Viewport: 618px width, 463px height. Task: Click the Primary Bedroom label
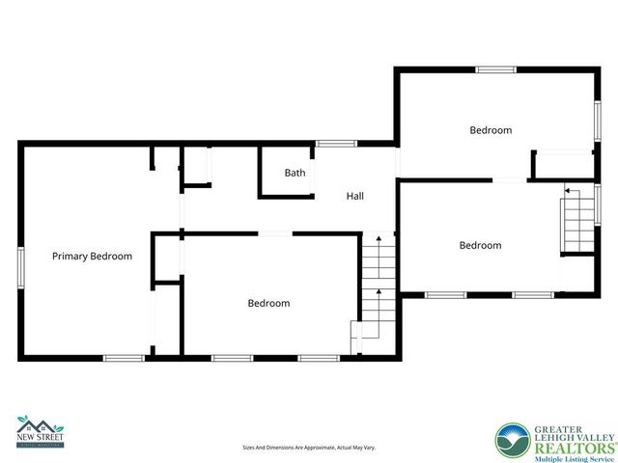click(92, 257)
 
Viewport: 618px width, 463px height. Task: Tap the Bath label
click(295, 174)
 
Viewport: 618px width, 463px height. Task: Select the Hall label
click(355, 196)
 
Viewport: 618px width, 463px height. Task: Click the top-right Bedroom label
click(491, 130)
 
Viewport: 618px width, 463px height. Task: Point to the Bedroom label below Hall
click(268, 304)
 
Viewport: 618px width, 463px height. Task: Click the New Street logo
click(40, 430)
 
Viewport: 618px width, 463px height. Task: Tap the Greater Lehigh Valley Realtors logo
click(555, 439)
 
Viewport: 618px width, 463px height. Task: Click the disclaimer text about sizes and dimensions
click(308, 448)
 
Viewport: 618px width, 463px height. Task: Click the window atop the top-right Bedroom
click(495, 69)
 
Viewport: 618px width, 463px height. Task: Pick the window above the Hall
click(336, 145)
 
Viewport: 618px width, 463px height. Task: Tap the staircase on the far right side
click(577, 222)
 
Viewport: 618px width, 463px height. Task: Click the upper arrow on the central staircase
click(379, 237)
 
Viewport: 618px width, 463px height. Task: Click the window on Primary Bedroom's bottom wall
click(124, 359)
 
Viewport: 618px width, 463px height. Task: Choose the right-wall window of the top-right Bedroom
click(597, 116)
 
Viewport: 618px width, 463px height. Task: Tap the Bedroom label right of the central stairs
click(480, 245)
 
